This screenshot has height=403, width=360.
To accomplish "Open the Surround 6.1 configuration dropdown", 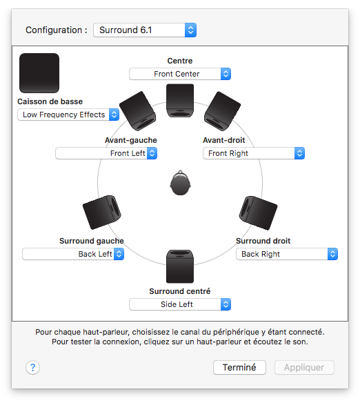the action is [x=145, y=30].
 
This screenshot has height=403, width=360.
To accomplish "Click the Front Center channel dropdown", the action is [x=180, y=74].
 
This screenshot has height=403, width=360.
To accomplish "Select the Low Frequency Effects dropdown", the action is [x=68, y=115].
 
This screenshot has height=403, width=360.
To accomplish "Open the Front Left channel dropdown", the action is [x=106, y=153].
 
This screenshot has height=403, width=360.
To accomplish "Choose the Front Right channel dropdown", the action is [x=254, y=153].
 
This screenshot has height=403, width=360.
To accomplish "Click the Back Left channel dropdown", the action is [x=73, y=254].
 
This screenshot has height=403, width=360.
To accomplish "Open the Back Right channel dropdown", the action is [x=287, y=254].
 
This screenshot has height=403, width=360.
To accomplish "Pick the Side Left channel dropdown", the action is [x=180, y=304].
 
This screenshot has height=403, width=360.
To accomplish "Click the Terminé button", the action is [x=239, y=368].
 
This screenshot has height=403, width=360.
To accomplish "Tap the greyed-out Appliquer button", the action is [x=304, y=368].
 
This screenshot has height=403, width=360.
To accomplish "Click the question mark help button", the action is [x=32, y=368].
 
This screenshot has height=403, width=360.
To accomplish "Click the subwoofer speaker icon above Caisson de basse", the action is [x=39, y=73].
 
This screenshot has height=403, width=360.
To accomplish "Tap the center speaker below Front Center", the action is [x=180, y=101].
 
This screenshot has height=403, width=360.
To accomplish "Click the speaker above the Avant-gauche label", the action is [x=138, y=111].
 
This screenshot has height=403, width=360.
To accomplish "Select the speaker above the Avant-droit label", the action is [x=222, y=111].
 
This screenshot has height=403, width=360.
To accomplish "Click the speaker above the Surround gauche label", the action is [x=102, y=213].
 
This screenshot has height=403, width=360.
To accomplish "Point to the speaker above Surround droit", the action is [x=258, y=213].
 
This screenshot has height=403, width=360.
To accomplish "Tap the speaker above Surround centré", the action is [x=180, y=266].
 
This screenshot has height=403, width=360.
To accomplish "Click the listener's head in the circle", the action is [x=180, y=183].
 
